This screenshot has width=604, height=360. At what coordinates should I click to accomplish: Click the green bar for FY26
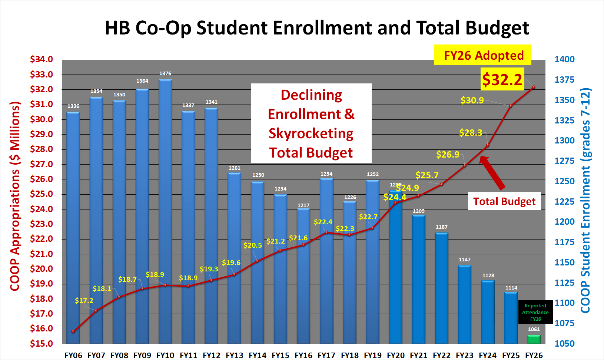[534, 339]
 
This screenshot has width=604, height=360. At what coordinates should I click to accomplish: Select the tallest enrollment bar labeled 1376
[165, 211]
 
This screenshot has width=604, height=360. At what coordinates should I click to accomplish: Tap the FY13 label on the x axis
[235, 355]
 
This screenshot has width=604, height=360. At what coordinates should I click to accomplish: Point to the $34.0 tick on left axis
[42, 59]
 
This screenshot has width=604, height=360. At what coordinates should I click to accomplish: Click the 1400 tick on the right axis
[564, 59]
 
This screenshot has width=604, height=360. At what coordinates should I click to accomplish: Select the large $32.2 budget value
[502, 79]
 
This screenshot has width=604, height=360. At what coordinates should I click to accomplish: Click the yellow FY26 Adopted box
[483, 55]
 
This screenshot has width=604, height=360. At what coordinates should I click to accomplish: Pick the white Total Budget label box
[504, 201]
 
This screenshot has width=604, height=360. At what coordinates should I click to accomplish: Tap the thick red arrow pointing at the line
[493, 172]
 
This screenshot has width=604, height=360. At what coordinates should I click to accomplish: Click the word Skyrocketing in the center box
[311, 133]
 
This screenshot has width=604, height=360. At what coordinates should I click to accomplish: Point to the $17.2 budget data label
[84, 300]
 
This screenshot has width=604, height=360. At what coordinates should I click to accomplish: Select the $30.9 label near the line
[472, 100]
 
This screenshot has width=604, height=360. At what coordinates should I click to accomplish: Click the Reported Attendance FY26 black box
[535, 312]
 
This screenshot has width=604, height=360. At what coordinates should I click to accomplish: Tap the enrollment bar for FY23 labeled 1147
[465, 304]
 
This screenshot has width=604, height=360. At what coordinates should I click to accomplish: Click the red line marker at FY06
[73, 331]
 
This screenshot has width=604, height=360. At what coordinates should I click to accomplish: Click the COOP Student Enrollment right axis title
[585, 200]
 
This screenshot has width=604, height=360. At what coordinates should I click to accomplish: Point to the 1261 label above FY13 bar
[235, 168]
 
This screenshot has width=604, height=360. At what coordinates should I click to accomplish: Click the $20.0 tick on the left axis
[42, 269]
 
